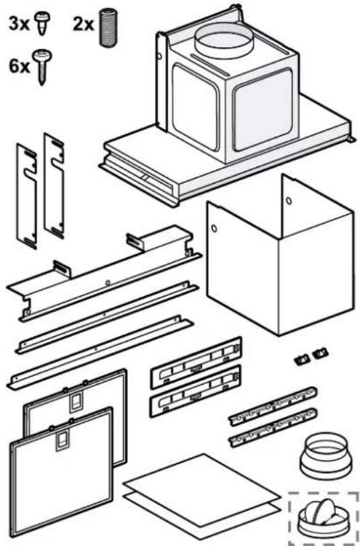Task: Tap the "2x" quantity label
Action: pyautogui.click(x=83, y=24)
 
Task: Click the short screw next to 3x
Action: pyautogui.click(x=42, y=22)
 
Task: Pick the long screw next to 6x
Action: pyautogui.click(x=42, y=67)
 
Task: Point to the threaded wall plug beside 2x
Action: pyautogui.click(x=108, y=27)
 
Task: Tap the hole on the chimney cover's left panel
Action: pyautogui.click(x=214, y=229)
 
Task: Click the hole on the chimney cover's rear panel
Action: pyautogui.click(x=289, y=200)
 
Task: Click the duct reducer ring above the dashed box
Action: pyautogui.click(x=324, y=456)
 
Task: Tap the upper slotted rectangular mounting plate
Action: pyautogui.click(x=196, y=363)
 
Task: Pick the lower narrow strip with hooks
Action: pyautogui.click(x=273, y=428)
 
